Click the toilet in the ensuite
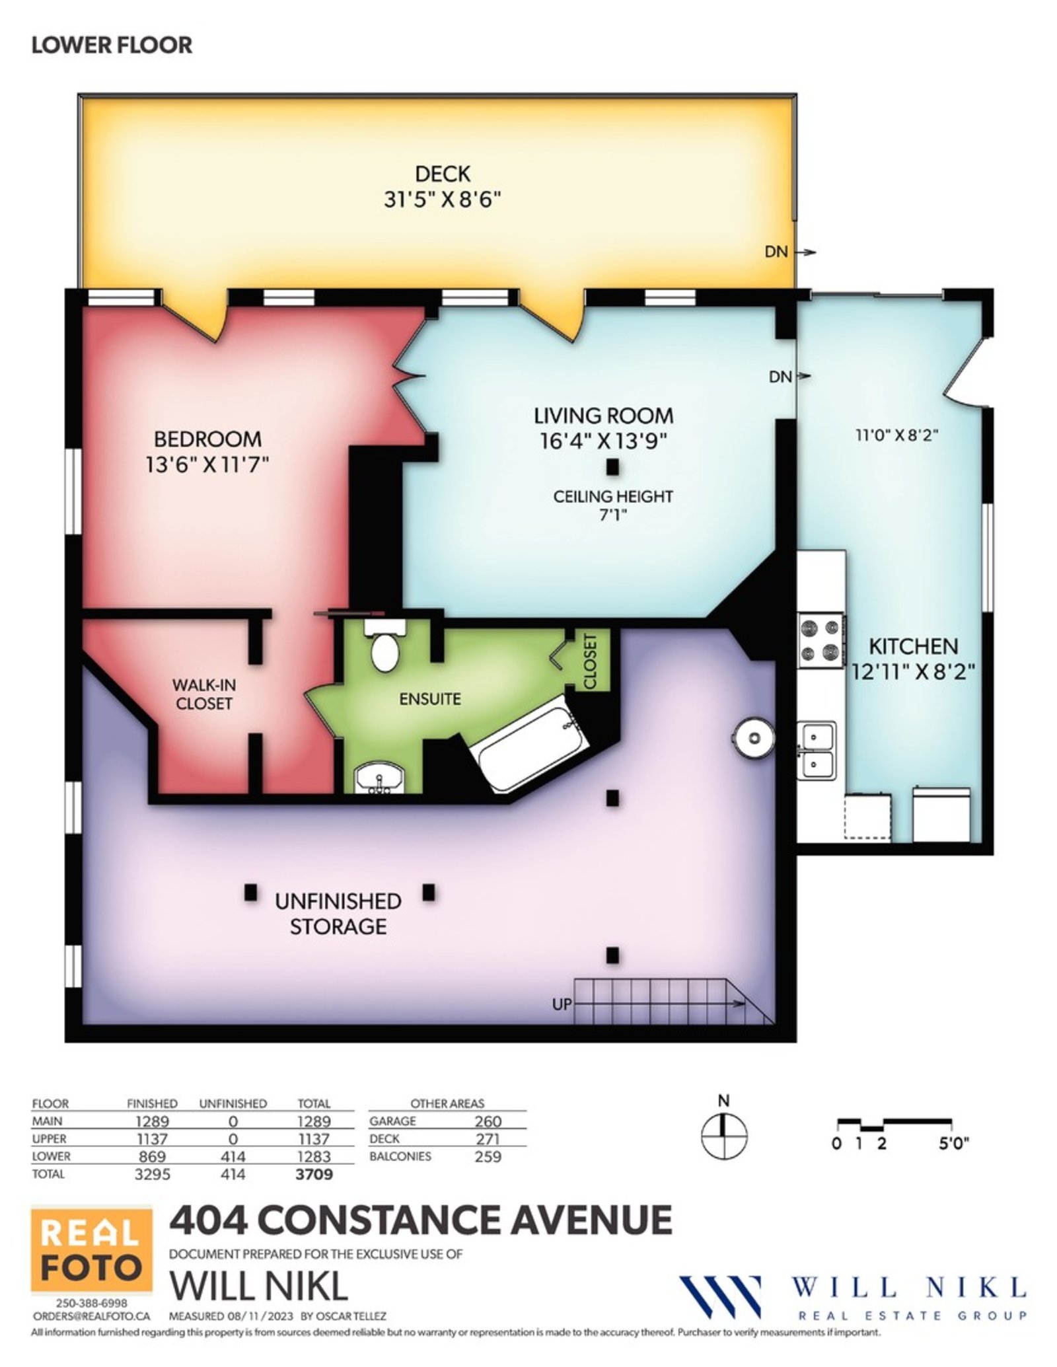[x=384, y=644]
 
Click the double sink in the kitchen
[x=817, y=751]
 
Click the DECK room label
[x=443, y=174]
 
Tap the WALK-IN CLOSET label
[x=203, y=694]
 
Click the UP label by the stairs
[x=562, y=1004]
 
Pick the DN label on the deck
[x=776, y=252]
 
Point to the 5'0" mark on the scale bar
[x=953, y=1144]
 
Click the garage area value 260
[x=488, y=1121]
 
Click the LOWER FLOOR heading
[x=112, y=45]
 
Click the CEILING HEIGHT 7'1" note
[x=612, y=505]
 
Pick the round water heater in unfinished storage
[x=752, y=737]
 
